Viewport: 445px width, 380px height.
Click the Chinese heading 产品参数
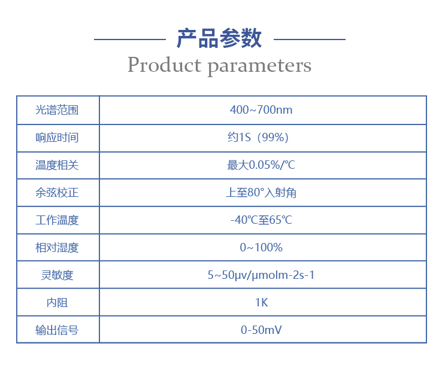tap(219, 38)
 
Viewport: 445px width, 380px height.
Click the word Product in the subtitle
tap(164, 65)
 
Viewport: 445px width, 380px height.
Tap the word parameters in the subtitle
tap(259, 65)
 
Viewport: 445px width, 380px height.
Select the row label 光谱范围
tap(57, 110)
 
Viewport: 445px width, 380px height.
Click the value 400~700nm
tap(261, 110)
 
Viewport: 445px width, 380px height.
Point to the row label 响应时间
tap(57, 138)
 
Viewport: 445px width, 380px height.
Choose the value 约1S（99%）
tap(261, 138)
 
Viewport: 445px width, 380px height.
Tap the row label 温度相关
tap(57, 165)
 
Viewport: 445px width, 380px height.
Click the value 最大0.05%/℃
tap(261, 165)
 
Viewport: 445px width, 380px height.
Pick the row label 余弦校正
tap(57, 193)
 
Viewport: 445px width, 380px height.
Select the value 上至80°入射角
tap(261, 193)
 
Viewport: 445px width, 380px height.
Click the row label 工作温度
tap(57, 220)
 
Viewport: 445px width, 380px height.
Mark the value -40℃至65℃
tap(261, 220)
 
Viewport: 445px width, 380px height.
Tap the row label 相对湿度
tap(57, 248)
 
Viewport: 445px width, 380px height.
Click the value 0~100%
tap(261, 248)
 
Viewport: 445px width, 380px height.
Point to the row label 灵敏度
tap(57, 275)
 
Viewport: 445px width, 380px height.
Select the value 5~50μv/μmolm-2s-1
tap(261, 275)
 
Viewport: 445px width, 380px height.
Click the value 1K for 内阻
tap(261, 303)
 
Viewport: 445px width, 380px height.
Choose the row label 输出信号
tap(57, 330)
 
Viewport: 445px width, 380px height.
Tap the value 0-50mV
tap(261, 330)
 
